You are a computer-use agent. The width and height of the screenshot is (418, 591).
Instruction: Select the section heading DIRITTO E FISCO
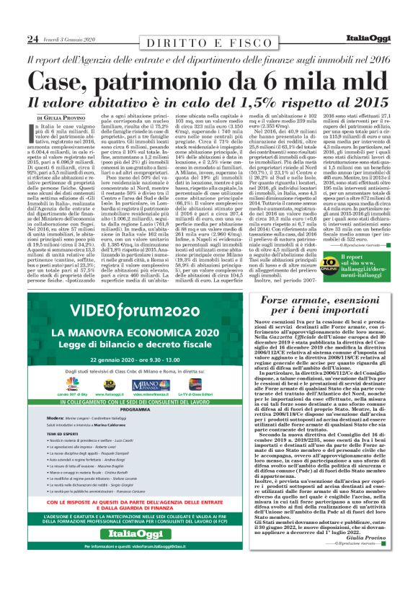[x=208, y=43]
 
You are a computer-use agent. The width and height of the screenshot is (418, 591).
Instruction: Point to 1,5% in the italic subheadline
[x=262, y=102]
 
